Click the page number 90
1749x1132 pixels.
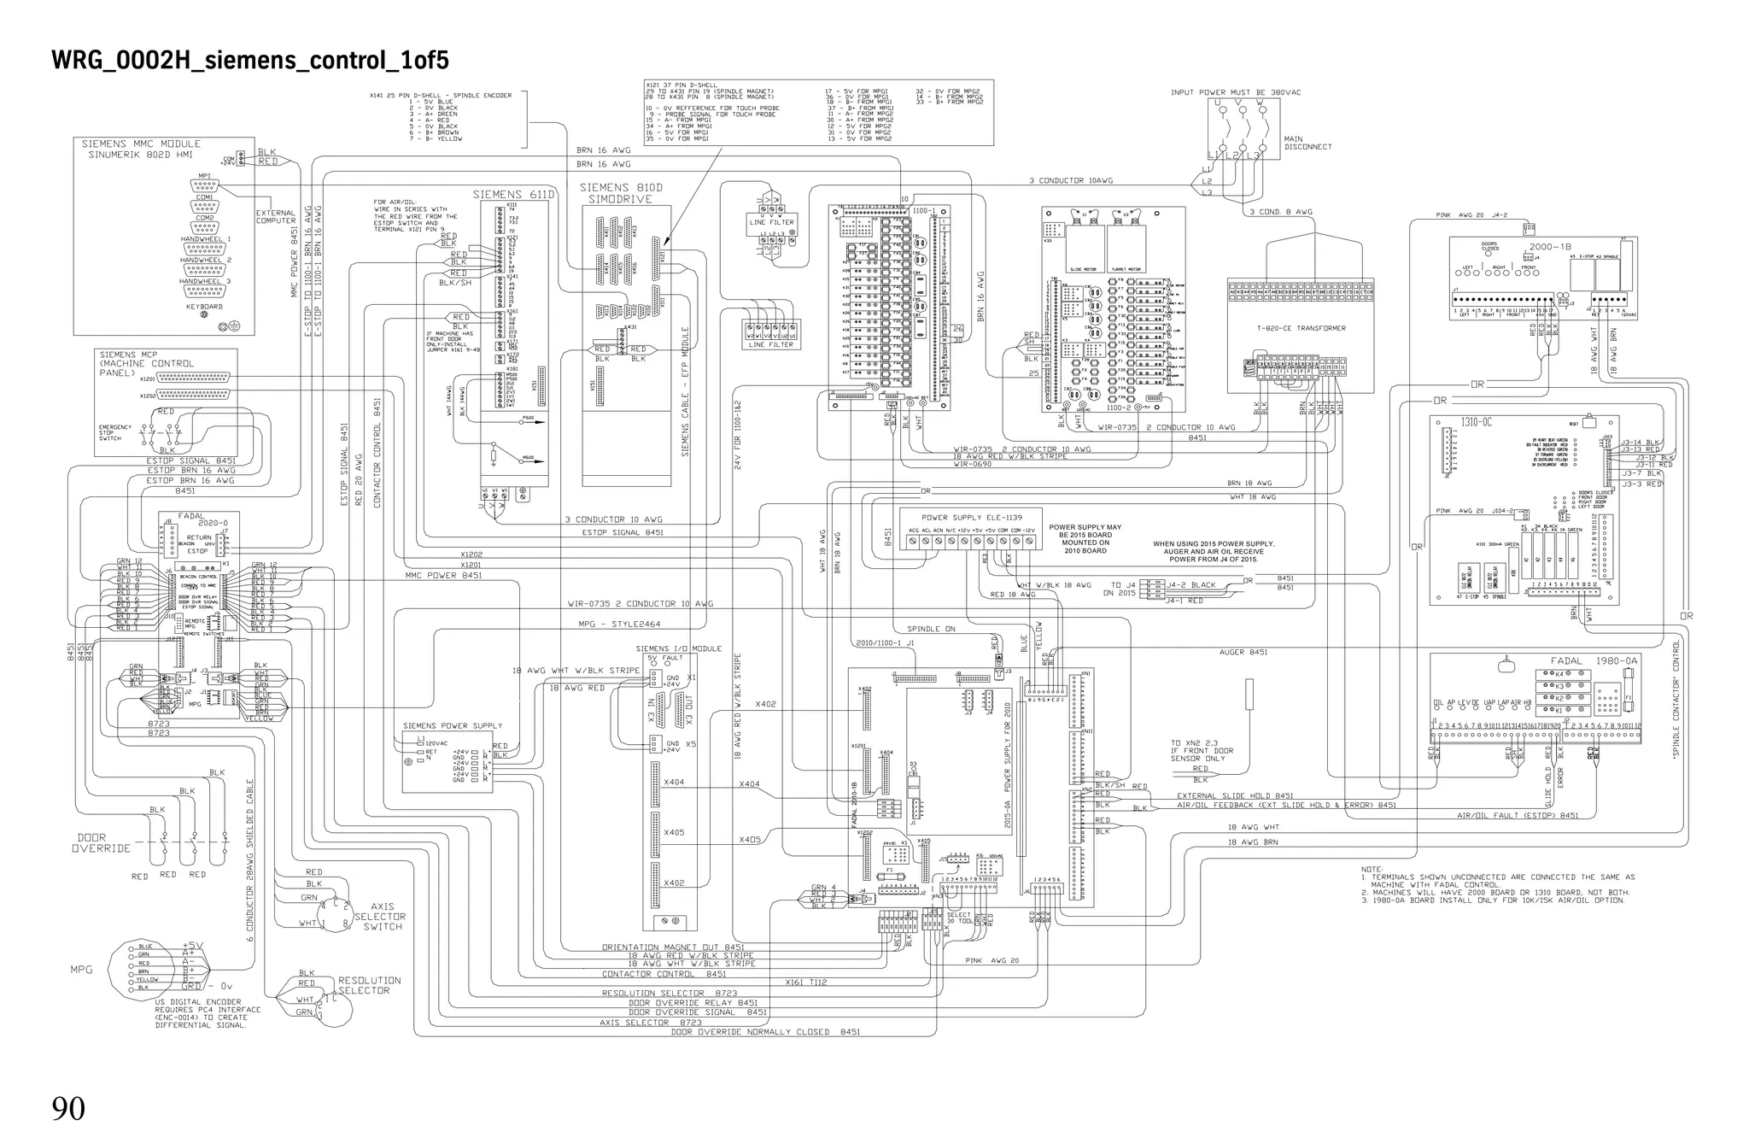click(68, 1108)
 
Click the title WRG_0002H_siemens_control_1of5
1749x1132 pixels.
click(250, 61)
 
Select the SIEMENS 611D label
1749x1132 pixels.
click(513, 195)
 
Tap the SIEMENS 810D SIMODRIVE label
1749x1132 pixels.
click(621, 193)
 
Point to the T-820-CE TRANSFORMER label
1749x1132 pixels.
click(1301, 328)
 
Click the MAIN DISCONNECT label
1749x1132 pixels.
click(1307, 143)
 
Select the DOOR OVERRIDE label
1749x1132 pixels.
click(101, 843)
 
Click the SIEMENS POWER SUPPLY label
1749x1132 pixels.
click(453, 726)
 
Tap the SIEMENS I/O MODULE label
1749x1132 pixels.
click(678, 648)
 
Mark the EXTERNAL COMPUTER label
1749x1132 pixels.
click(275, 217)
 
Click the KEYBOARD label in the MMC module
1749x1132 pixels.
click(204, 306)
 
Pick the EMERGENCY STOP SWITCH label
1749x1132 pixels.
click(115, 432)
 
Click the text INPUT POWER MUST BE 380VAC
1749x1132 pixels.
click(1236, 92)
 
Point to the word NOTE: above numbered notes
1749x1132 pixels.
click(1372, 869)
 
